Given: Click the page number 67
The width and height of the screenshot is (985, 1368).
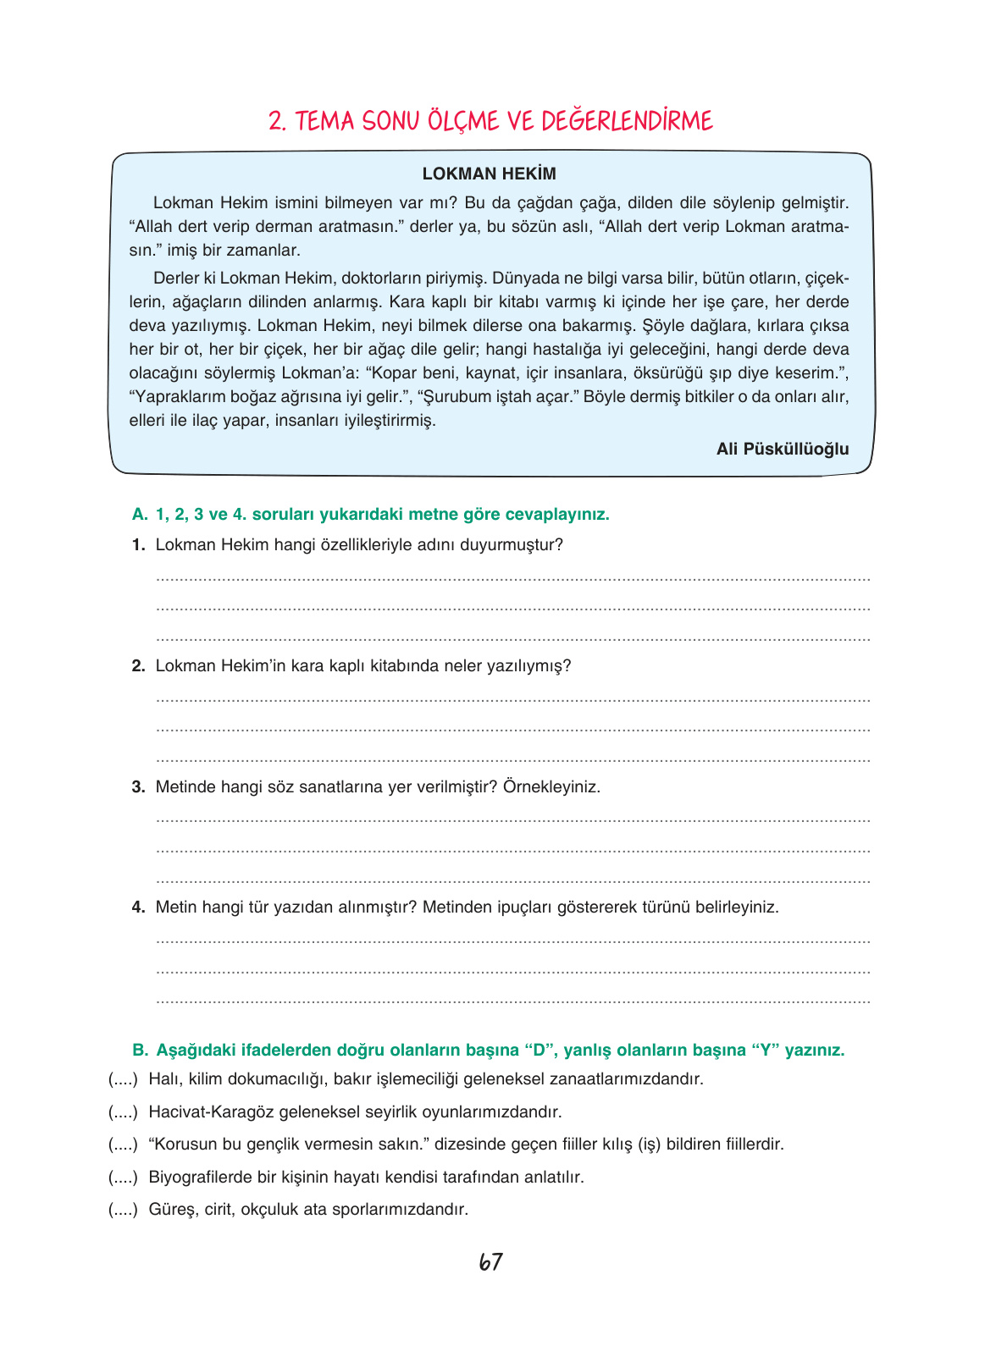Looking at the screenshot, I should pos(491,1262).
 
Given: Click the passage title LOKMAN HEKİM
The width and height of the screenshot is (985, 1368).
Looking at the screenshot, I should pos(490,174).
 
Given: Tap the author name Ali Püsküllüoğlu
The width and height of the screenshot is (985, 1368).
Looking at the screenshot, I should pos(782,449).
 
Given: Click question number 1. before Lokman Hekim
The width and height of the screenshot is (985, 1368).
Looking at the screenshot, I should pos(139,545).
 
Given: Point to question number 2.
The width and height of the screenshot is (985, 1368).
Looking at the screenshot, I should pos(139,666).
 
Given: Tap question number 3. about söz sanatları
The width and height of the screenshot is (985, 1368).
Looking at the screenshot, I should pos(139,787).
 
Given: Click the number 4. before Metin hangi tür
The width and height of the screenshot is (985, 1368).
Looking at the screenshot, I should pos(139,907).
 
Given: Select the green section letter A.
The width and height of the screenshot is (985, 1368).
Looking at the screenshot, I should pos(140,515).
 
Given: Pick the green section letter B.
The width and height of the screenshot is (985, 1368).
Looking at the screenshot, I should pos(140,1051).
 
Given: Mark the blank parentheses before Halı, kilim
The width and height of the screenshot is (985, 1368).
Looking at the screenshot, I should pos(123,1079).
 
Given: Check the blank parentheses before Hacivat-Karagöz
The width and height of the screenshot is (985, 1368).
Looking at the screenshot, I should pos(123,1112).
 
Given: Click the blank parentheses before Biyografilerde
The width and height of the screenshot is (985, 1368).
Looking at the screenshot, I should pos(123,1178).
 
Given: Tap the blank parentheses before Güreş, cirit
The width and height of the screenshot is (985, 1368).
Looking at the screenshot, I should pos(123,1210).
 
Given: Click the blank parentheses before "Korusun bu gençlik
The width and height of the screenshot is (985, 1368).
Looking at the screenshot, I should pos(123,1145).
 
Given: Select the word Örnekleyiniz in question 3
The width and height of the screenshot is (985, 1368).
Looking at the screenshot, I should pos(551,787).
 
